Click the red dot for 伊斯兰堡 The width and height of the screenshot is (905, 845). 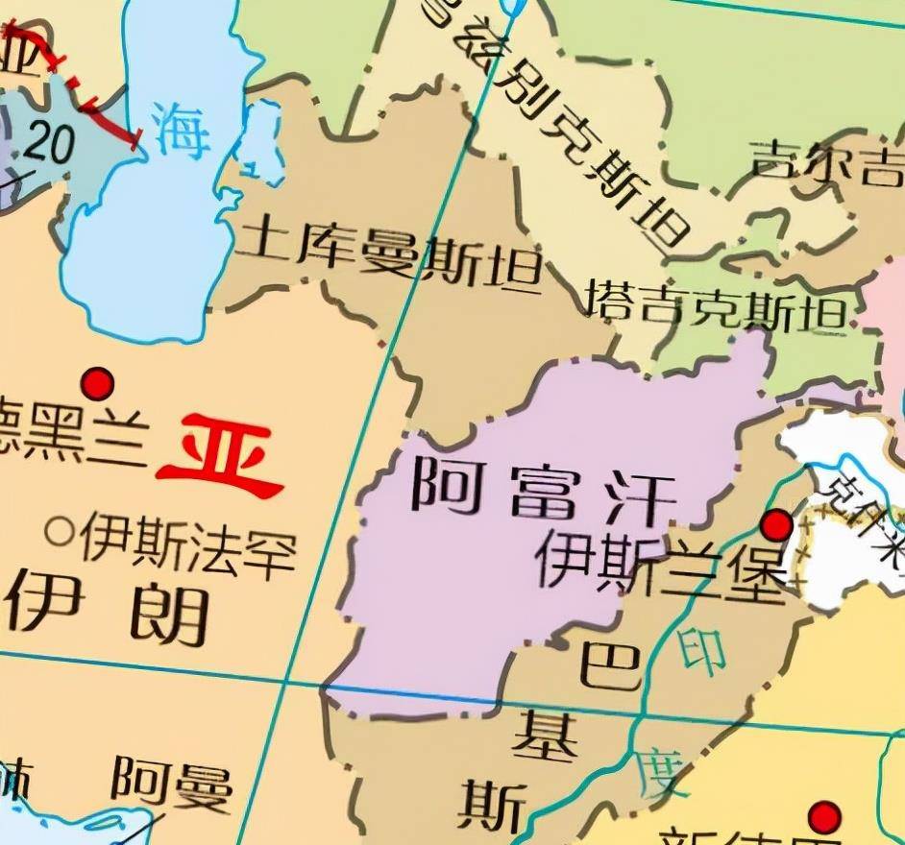[776, 526]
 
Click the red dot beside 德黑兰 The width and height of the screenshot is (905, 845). [97, 384]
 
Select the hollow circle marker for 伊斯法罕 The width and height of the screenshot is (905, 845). [61, 530]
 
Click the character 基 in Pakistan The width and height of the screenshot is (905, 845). [545, 737]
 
